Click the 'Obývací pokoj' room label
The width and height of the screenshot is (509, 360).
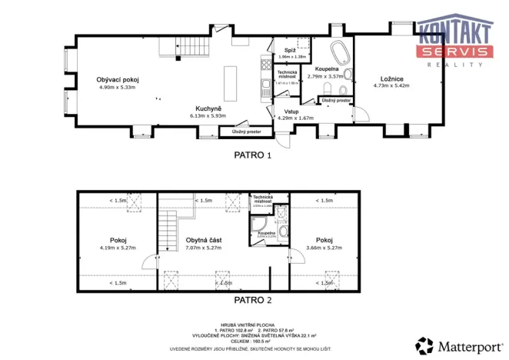(117, 80)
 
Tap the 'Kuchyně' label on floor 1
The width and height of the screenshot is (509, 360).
(208, 108)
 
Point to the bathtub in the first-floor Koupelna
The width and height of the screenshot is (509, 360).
(338, 55)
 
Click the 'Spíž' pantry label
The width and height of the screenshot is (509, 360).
(289, 51)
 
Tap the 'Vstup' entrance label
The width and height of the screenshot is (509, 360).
(291, 112)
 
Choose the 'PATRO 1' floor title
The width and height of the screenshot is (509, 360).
(253, 155)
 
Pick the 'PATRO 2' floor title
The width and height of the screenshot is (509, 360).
(253, 300)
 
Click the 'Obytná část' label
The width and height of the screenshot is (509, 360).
(203, 240)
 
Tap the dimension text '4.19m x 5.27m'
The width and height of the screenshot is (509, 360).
(117, 248)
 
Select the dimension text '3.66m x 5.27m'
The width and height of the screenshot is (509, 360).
(324, 248)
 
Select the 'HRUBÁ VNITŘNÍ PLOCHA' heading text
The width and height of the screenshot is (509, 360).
(253, 325)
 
